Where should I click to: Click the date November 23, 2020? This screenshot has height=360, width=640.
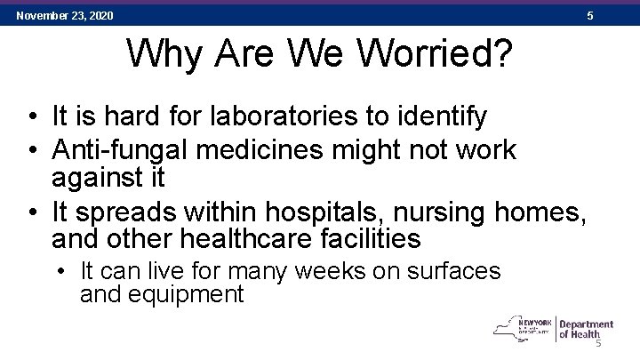coord(64,15)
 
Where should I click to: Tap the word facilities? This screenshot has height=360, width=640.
coord(376,239)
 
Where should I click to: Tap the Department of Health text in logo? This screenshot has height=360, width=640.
coord(586,330)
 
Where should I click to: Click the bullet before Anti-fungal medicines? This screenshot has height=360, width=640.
coord(32,149)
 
